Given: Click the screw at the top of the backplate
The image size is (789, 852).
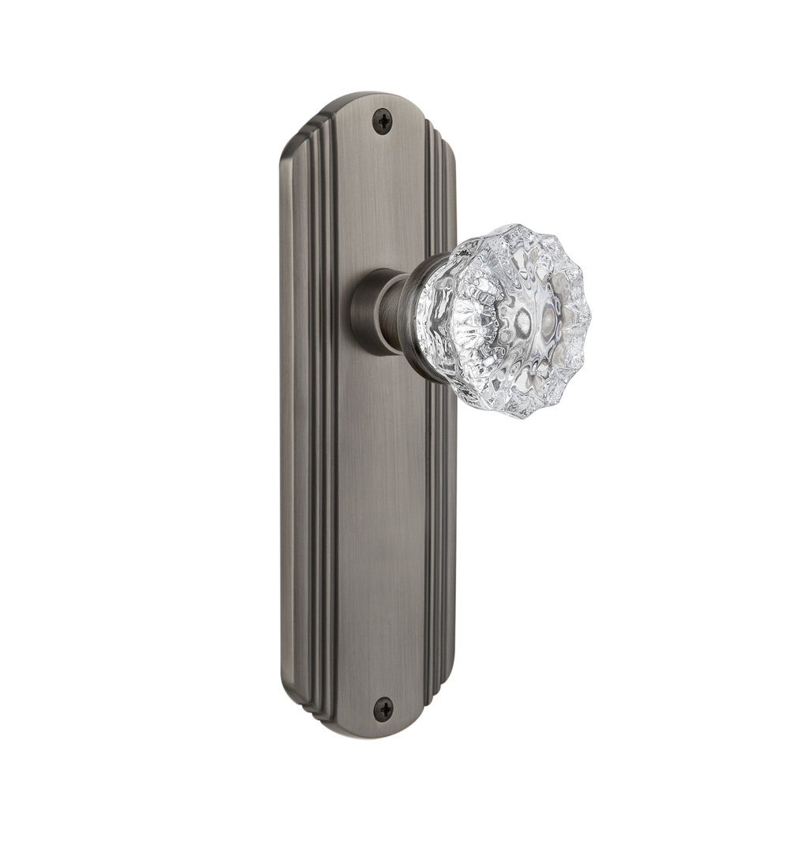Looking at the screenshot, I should (x=383, y=120).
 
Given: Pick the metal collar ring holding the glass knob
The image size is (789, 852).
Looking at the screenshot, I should (x=426, y=316).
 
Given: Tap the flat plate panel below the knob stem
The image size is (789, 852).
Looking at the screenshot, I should (x=379, y=513).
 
